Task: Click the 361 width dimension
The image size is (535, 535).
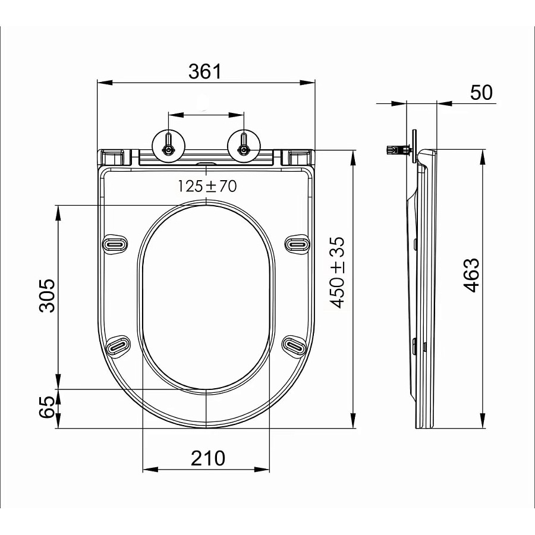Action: coord(205,71)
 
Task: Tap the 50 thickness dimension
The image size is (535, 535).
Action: coord(481,93)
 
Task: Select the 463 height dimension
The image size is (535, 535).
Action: coord(472,275)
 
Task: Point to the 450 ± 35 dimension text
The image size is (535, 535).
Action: coord(338,272)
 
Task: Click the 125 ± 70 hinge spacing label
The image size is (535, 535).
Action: coord(207,186)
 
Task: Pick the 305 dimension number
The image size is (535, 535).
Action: coord(47,296)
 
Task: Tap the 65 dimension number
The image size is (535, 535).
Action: coord(47,407)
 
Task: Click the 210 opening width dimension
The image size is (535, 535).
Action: coord(208,458)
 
